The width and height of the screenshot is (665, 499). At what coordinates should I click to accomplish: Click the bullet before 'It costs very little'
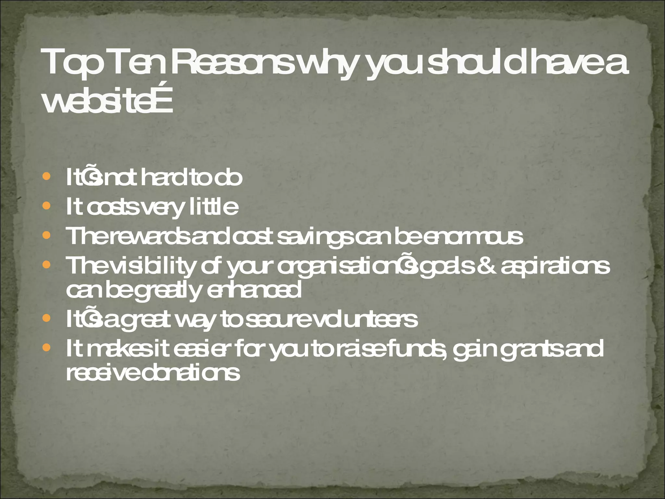(47, 206)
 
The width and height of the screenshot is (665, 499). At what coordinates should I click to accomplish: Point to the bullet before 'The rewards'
(47, 235)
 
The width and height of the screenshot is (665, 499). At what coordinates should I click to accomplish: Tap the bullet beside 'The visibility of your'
(47, 265)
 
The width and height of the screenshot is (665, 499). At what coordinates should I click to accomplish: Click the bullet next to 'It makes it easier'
(47, 348)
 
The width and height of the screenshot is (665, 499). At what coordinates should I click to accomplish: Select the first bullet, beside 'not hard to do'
(47, 176)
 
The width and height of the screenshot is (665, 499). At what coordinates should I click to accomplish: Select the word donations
(191, 373)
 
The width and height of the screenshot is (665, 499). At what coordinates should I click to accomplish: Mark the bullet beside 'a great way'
(47, 318)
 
